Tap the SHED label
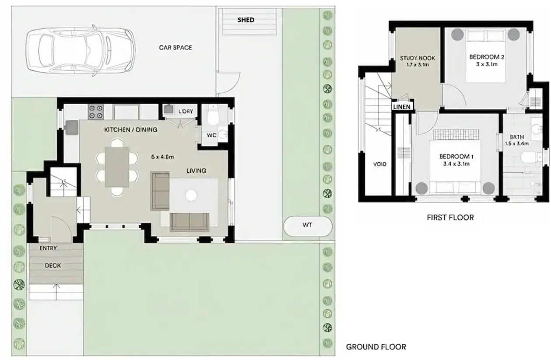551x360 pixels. (x=246, y=20)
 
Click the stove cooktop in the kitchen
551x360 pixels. (x=96, y=112)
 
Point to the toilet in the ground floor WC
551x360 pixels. (x=214, y=115)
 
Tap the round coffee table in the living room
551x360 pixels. (x=191, y=196)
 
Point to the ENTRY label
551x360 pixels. (x=48, y=248)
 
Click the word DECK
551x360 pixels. (x=53, y=266)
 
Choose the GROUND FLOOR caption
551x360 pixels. (x=376, y=347)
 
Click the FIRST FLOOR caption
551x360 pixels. (x=450, y=217)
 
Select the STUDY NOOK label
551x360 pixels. (x=418, y=58)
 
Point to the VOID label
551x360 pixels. (x=380, y=164)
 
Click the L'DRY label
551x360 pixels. (x=186, y=112)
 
